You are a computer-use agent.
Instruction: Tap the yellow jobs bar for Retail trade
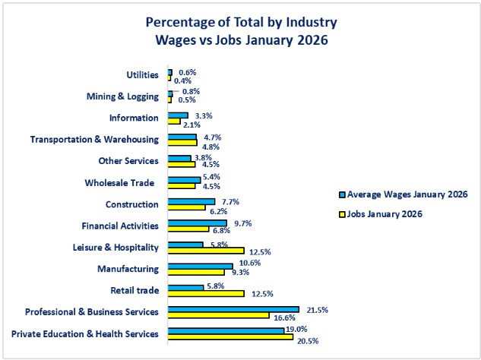tap(206, 293)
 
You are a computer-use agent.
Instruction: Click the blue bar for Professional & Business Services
tap(233, 309)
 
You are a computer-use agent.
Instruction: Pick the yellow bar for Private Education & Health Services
tap(230, 337)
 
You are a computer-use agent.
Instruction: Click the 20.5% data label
tap(307, 341)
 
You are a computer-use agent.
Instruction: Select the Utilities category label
tap(143, 75)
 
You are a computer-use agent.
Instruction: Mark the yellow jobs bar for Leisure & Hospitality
tap(206, 250)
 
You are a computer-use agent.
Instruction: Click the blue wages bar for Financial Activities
tap(197, 223)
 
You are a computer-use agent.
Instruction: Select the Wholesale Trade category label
tap(122, 182)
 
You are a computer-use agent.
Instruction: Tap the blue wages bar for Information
tap(178, 115)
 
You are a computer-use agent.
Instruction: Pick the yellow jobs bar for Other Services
tap(182, 164)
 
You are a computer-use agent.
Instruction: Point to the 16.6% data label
tap(283, 316)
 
